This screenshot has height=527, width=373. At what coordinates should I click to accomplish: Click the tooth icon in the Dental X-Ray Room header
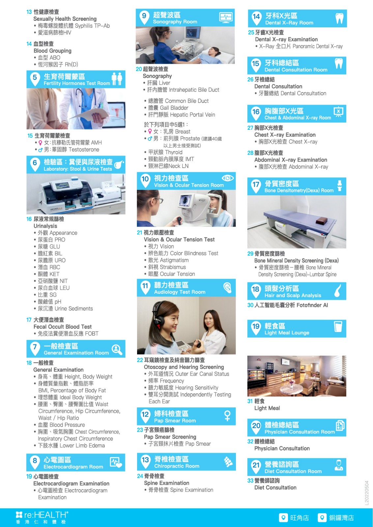(x=339, y=18)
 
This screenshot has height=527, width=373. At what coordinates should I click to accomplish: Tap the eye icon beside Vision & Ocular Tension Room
(x=228, y=178)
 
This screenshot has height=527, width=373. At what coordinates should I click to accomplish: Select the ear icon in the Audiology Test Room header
(x=227, y=288)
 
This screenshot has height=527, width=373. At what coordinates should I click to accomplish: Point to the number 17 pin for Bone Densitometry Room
(x=256, y=186)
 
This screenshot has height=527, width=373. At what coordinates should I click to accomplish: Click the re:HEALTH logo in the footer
(x=42, y=517)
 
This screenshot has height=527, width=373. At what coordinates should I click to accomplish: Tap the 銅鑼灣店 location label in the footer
(x=341, y=517)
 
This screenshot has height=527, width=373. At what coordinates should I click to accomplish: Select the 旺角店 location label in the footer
(x=299, y=517)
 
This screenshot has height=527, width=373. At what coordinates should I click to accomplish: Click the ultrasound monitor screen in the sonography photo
(x=193, y=32)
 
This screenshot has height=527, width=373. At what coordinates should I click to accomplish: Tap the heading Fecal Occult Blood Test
(x=63, y=326)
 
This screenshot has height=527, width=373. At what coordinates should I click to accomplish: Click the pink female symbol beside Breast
(x=150, y=131)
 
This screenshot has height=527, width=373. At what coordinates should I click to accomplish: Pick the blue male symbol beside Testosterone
(x=41, y=150)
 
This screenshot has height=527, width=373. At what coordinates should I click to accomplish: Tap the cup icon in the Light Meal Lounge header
(x=338, y=326)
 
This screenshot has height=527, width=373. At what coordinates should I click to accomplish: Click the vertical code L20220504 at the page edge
(x=366, y=493)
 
